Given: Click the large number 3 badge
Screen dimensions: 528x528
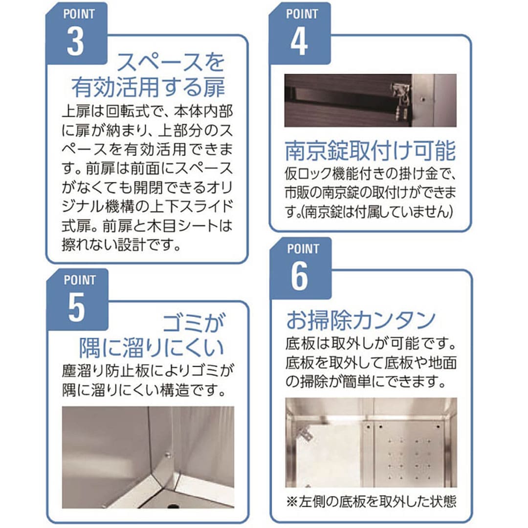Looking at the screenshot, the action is [75, 42].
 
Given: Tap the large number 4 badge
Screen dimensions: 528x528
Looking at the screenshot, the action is [299, 42].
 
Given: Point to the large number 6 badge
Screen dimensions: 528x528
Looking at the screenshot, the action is [299, 276].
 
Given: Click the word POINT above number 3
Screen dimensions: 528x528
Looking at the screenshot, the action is [79, 14].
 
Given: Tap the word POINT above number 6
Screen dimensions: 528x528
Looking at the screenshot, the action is [303, 248].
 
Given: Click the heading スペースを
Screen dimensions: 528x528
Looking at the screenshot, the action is [171, 63].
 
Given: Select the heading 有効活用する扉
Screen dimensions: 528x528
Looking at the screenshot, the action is [148, 88].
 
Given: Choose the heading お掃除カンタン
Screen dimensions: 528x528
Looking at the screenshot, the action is [361, 320].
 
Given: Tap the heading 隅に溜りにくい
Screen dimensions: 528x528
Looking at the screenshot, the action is [152, 348].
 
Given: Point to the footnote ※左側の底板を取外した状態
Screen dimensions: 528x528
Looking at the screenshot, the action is [371, 502].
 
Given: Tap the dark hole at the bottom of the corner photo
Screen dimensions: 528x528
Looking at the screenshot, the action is [173, 506].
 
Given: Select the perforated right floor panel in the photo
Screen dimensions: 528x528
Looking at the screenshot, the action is [410, 453].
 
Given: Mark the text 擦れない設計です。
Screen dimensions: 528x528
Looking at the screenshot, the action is [122, 244].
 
